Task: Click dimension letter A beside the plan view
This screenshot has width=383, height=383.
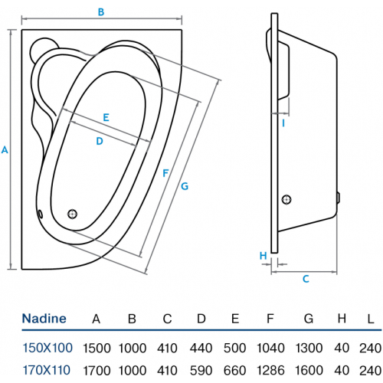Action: coord(5,149)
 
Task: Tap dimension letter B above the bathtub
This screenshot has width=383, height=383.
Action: coord(101,11)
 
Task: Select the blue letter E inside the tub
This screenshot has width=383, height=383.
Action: coord(106,117)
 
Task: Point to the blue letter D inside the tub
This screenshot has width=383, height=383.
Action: coord(100,141)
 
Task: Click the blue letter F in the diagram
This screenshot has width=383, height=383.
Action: coord(165,173)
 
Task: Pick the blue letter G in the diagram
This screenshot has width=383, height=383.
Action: coord(185,186)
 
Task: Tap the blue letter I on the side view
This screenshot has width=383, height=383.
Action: coord(283,123)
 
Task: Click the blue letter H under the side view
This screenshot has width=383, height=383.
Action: coord(264,256)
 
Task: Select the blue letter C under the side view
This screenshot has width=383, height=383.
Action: coord(306,279)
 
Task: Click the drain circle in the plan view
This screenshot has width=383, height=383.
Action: coord(73,214)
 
